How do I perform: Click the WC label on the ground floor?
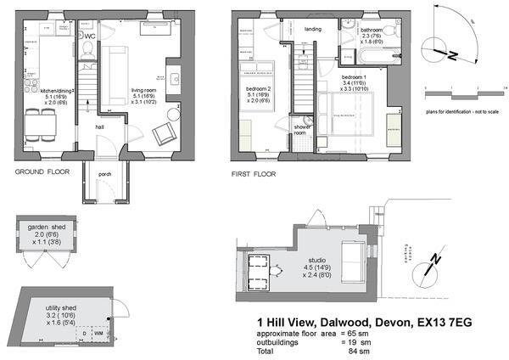click(89, 37)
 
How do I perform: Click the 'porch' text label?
click(105, 176)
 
